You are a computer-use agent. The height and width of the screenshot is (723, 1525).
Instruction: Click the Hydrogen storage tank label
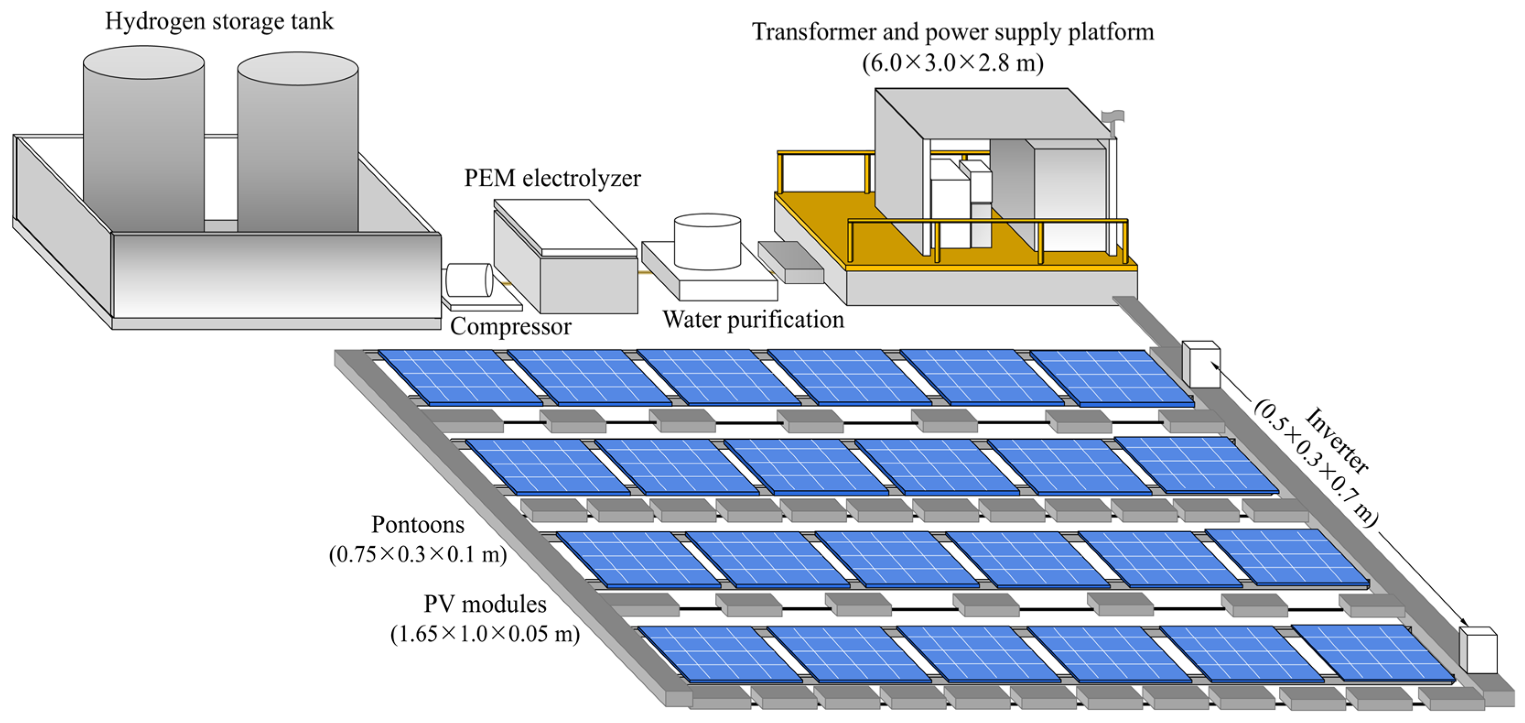tap(219, 22)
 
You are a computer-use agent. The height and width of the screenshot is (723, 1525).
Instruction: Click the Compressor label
tap(510, 327)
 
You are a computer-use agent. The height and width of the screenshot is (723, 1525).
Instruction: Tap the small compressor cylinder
tap(469, 280)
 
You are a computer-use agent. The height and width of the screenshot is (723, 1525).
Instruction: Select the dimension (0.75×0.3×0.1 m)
tap(417, 555)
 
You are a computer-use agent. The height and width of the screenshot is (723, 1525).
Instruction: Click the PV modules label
tap(485, 604)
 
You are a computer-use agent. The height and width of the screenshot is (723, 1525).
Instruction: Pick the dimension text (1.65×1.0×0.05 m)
tap(485, 634)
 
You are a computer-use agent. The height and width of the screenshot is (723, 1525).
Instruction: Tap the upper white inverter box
tap(1201, 364)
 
